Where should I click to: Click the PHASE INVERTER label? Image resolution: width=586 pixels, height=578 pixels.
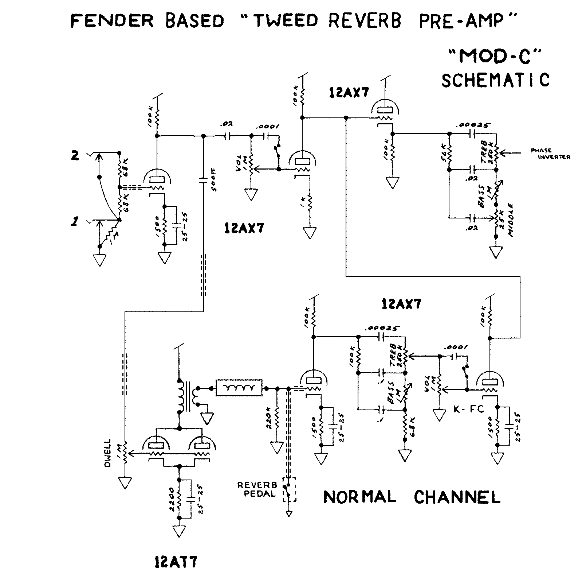click(x=550, y=154)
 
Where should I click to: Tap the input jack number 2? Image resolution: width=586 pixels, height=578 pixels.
click(x=75, y=156)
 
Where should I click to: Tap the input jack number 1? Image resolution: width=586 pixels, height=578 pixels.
click(x=75, y=222)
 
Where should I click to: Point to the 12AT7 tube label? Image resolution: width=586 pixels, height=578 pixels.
click(x=174, y=562)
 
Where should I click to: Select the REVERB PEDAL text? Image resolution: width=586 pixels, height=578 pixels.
click(x=257, y=490)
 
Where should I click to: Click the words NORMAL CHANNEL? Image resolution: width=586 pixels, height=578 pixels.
click(x=412, y=497)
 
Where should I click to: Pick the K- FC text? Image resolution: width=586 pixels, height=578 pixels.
click(x=468, y=409)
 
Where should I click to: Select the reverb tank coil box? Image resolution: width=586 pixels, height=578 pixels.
click(x=239, y=388)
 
